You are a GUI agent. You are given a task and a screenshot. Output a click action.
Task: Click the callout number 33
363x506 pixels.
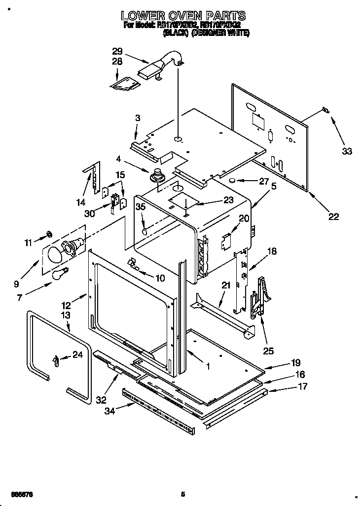(347, 151)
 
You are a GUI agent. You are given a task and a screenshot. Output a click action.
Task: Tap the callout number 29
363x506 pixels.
(117, 51)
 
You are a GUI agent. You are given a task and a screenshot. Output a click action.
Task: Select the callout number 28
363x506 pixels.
(117, 61)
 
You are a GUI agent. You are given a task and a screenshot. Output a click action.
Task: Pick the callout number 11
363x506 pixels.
(29, 242)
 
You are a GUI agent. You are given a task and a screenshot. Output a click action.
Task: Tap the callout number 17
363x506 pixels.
(302, 386)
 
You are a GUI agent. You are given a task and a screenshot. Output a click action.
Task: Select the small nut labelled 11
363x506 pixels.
(50, 233)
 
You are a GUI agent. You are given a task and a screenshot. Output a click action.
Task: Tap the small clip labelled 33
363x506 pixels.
(324, 110)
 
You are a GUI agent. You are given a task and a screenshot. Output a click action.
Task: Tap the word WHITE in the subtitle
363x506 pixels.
(239, 33)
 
